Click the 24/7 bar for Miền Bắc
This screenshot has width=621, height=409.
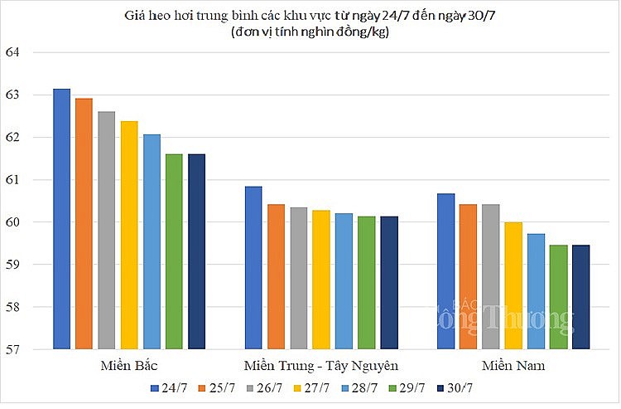(x=62, y=219)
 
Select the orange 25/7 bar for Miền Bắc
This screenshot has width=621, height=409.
(x=84, y=224)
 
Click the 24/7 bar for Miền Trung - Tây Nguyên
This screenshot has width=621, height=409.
(x=253, y=268)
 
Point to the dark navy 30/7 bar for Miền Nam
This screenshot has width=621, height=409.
(x=580, y=297)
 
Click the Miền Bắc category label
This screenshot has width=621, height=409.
(x=128, y=366)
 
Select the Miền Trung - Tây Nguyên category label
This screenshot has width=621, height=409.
(x=321, y=366)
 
